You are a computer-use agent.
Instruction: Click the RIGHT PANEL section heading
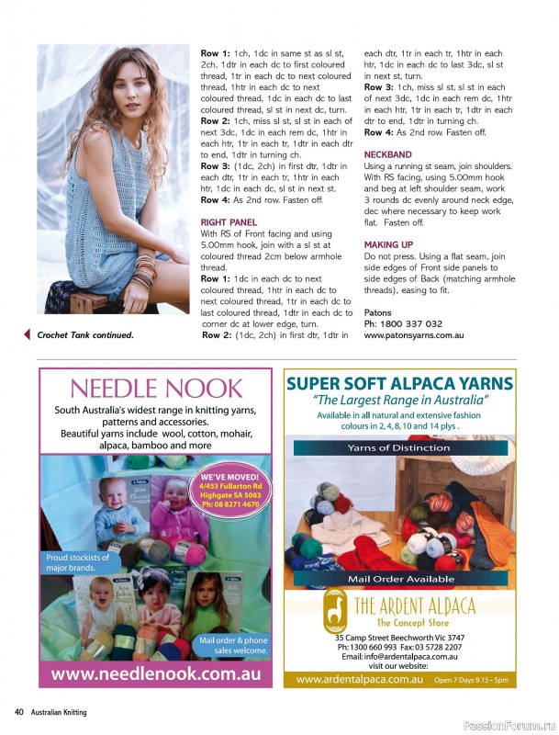(x=229, y=222)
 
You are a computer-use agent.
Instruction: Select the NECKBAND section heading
(x=387, y=154)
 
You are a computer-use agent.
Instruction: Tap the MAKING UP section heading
(x=387, y=244)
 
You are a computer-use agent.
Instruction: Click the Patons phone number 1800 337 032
(x=403, y=324)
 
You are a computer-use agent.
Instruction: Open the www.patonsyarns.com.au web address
(x=413, y=336)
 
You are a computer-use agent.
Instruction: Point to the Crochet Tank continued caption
(x=85, y=335)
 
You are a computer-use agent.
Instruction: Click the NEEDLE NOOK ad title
(x=156, y=388)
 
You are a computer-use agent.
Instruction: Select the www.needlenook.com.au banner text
(x=155, y=673)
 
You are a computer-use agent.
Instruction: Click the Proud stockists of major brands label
(x=77, y=562)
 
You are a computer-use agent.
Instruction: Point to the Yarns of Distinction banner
(x=399, y=447)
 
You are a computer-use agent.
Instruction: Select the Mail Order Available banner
(x=399, y=580)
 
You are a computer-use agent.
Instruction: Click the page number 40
(x=18, y=712)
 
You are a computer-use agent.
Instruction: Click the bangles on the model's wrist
(x=144, y=273)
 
